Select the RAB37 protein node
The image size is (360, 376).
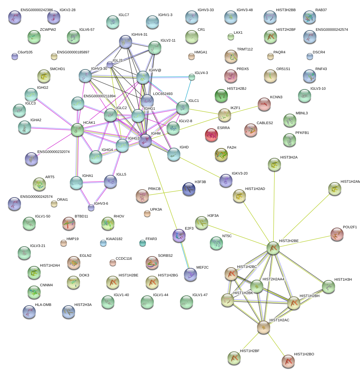[x=310, y=17]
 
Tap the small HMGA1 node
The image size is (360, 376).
[x=191, y=56]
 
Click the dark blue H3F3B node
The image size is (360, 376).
[x=189, y=189]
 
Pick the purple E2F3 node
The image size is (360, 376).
[x=179, y=235]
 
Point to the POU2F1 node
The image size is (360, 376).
[x=336, y=235]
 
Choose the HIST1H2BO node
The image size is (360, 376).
[x=288, y=361]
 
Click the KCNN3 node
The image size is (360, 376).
[x=264, y=104]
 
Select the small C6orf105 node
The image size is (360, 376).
[x=15, y=56]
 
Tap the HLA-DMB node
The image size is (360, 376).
[x=29, y=312]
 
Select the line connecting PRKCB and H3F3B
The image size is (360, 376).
[x=165, y=193]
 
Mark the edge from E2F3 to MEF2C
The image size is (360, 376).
[x=185, y=255]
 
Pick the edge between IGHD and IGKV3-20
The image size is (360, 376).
[x=200, y=167]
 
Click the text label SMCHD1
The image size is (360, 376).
[x=57, y=69]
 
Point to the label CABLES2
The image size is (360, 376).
[x=265, y=123]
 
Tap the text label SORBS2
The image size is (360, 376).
[x=165, y=256]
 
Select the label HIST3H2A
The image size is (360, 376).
[x=289, y=158]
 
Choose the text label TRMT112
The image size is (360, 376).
[x=245, y=49]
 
